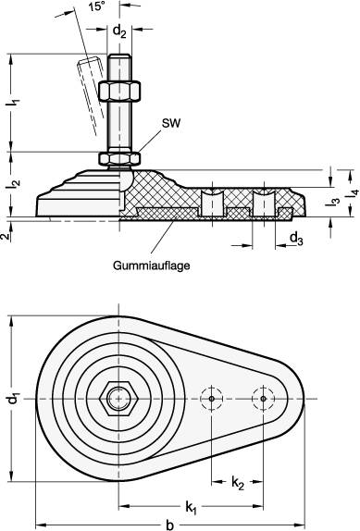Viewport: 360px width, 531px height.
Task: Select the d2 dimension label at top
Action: (x=119, y=31)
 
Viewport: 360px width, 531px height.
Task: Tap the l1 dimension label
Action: (x=12, y=105)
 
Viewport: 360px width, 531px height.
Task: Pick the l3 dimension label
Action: (x=332, y=202)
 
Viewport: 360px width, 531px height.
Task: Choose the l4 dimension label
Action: (x=350, y=191)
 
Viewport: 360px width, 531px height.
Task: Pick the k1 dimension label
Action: (x=191, y=507)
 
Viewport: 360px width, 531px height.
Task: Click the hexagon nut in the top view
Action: (x=119, y=399)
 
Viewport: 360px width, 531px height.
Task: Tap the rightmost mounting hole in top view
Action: (x=264, y=399)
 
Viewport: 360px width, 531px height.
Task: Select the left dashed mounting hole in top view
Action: (x=212, y=399)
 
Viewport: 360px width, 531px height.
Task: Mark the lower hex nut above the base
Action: (x=119, y=157)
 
